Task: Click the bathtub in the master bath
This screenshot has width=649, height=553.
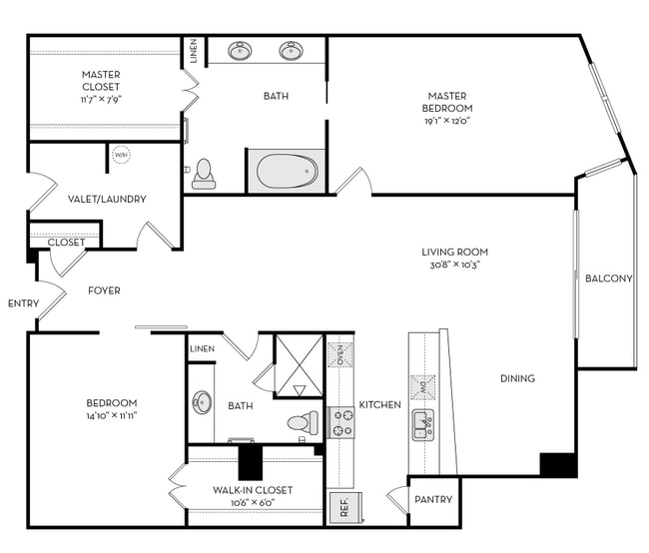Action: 286,172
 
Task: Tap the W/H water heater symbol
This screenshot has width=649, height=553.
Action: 121,156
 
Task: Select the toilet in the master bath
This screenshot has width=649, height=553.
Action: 205,173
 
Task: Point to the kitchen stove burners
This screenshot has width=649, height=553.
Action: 342,422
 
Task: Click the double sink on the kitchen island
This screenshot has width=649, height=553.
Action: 422,424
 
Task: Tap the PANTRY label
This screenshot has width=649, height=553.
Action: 432,499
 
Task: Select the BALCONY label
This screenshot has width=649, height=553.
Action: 608,278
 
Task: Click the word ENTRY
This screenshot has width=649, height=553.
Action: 22,303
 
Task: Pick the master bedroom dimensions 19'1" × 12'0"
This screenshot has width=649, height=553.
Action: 446,121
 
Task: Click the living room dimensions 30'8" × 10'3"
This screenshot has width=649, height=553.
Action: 454,265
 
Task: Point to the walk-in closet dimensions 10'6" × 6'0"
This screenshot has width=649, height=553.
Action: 253,503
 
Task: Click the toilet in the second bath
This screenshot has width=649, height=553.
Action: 302,423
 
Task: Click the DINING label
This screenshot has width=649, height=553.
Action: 517,378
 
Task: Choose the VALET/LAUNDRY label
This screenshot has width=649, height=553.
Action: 107,199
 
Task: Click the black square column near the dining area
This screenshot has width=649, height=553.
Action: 558,464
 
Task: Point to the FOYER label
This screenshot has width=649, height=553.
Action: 104,290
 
